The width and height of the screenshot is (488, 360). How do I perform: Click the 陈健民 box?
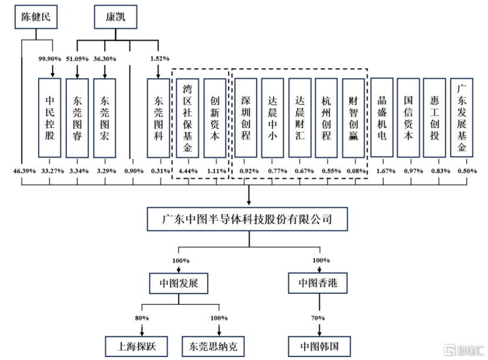[x=36, y=17]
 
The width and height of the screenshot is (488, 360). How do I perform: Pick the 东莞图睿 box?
[x=78, y=118]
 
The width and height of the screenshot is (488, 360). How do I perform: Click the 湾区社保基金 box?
[x=187, y=118]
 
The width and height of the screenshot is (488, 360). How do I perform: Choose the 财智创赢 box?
[x=353, y=118]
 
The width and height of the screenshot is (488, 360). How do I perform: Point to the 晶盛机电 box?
[x=382, y=118]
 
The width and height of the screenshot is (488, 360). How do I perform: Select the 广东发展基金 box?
[x=462, y=118]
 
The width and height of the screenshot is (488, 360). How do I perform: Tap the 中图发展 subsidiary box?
[x=179, y=284]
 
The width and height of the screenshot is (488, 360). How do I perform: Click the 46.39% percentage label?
[x=22, y=170]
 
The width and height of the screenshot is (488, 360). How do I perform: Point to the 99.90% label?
[x=51, y=59]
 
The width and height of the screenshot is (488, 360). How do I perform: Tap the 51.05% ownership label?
[x=78, y=59]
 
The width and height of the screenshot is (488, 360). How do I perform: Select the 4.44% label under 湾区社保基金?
[x=187, y=170]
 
